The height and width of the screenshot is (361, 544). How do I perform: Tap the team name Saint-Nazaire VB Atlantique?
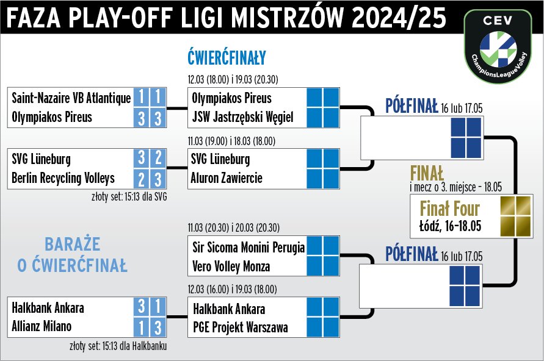(71, 98)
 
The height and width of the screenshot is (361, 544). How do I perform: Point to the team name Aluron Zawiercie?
(227, 178)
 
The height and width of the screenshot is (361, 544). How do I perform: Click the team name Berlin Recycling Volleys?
(63, 178)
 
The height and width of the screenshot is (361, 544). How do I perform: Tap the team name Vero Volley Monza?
(231, 266)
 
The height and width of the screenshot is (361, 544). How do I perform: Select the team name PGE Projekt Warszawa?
(240, 327)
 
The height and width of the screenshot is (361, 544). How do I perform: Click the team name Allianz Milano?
(42, 326)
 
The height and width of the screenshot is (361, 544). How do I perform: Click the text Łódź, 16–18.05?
(451, 226)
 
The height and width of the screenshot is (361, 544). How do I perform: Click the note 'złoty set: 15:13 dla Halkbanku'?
(118, 346)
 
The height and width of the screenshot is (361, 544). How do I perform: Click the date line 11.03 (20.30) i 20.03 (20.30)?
(233, 228)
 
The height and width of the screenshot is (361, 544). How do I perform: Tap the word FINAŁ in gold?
(427, 172)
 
